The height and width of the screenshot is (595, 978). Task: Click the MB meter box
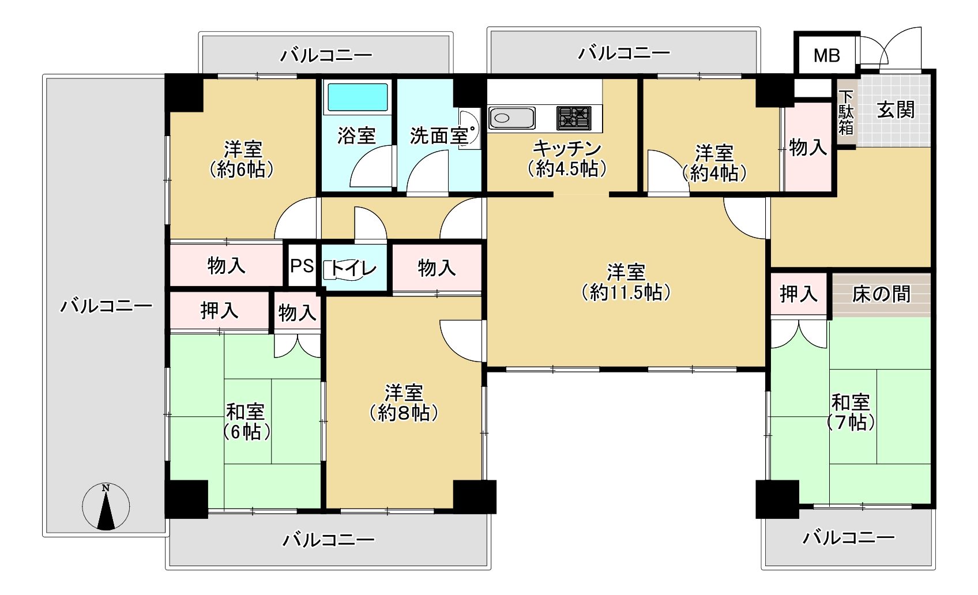(x=826, y=55)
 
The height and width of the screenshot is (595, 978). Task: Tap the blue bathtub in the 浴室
(x=358, y=97)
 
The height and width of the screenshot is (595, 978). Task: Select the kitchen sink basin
(x=511, y=118)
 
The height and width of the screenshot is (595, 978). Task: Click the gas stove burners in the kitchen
(x=574, y=118)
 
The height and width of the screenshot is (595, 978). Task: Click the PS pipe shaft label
(x=302, y=265)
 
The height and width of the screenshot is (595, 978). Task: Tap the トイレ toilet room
(x=354, y=268)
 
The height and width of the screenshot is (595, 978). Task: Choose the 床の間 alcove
(x=881, y=294)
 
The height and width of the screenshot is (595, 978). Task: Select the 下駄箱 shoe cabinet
(x=846, y=112)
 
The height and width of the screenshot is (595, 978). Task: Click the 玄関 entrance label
(x=896, y=109)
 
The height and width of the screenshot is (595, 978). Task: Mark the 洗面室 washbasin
(x=469, y=130)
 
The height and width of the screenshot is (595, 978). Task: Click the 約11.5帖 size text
(x=626, y=292)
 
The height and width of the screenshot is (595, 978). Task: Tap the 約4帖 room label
(x=714, y=174)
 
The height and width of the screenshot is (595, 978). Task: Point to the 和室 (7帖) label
(x=851, y=412)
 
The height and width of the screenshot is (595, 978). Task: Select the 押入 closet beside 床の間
(x=799, y=294)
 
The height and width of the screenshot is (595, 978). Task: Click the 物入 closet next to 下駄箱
(x=808, y=147)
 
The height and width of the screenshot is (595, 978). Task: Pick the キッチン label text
(x=567, y=149)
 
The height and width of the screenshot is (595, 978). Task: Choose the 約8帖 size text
(x=404, y=413)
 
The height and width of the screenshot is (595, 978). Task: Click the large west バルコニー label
(x=106, y=306)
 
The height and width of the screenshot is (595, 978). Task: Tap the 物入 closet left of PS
(x=226, y=265)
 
